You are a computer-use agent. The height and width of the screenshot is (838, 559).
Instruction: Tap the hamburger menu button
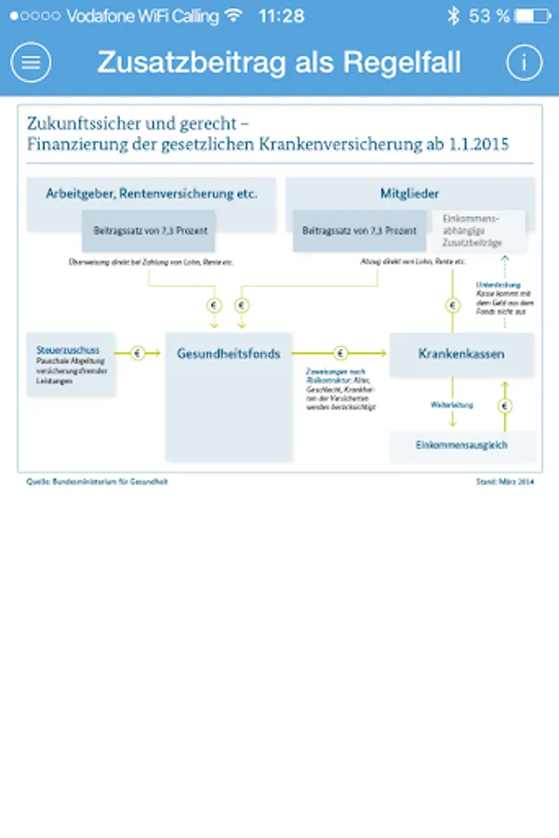[31, 62]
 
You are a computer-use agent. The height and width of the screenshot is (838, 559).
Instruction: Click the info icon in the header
[524, 62]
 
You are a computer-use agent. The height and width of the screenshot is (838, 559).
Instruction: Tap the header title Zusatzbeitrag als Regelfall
[279, 62]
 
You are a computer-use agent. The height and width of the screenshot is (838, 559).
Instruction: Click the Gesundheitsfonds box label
[229, 354]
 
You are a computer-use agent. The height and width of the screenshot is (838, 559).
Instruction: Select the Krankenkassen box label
[461, 354]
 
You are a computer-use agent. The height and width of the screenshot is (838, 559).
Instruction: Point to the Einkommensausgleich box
[461, 445]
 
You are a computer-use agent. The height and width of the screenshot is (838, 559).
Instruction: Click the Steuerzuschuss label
[58, 340]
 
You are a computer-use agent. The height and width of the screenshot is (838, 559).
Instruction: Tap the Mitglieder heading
[409, 194]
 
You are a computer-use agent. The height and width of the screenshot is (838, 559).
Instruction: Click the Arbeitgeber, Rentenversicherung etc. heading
[152, 194]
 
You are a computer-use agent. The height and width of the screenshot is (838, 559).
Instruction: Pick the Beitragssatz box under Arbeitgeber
[150, 230]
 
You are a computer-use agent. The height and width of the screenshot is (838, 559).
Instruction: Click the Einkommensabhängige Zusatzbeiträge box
[478, 230]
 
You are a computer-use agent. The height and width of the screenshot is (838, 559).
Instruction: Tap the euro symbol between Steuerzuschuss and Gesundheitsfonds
[139, 354]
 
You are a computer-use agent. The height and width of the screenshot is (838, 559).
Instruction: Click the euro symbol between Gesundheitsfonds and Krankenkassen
[340, 354]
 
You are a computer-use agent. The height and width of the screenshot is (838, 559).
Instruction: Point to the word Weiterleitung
[453, 405]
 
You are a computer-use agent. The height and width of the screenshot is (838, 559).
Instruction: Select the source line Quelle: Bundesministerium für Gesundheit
[98, 481]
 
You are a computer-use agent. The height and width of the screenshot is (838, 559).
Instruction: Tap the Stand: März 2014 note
[504, 481]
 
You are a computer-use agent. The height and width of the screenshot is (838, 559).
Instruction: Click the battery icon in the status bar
[532, 16]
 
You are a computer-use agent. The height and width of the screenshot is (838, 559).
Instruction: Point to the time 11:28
[281, 16]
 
